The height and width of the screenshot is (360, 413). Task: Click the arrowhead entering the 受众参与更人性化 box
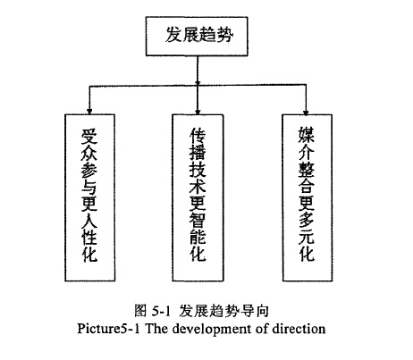(x=89, y=112)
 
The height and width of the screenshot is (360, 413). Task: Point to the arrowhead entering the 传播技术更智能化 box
(x=198, y=112)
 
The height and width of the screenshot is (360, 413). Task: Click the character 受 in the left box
(x=89, y=136)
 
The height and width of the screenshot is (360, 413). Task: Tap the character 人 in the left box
(x=89, y=220)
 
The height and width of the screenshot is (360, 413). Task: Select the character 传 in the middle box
(x=198, y=136)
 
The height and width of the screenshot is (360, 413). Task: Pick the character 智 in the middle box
(x=198, y=220)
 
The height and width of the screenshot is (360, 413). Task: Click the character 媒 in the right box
(x=307, y=135)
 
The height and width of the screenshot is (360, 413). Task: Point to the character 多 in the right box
(x=307, y=220)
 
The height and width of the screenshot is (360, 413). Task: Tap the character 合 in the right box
(x=307, y=186)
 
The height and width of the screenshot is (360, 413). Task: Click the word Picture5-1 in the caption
(x=108, y=329)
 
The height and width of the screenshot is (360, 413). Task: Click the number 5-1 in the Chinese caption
(x=161, y=312)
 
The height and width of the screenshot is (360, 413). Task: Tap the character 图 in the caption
(x=140, y=311)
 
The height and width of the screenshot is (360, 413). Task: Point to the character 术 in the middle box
(x=198, y=186)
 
